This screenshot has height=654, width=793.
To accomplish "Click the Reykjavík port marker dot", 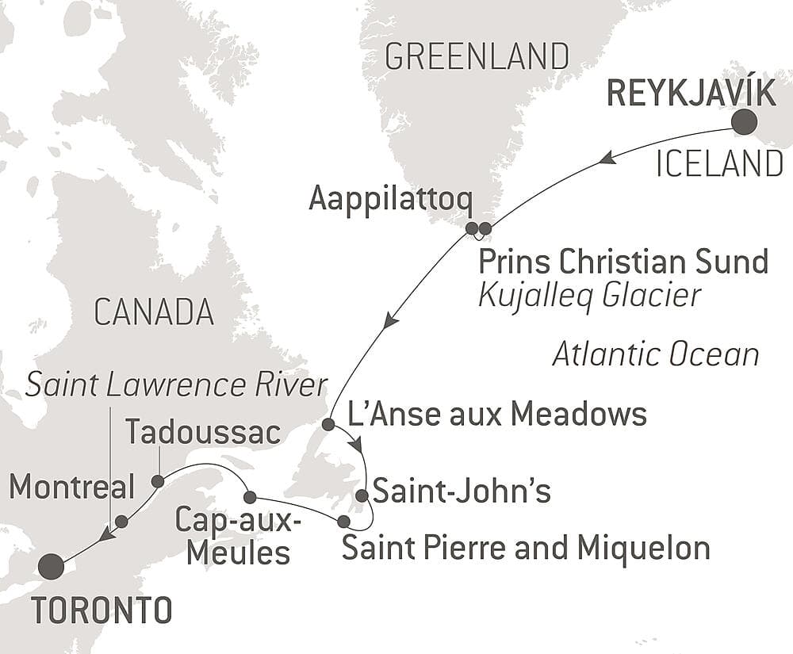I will coord(743,123).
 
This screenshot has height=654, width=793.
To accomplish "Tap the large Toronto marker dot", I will coord(51,566).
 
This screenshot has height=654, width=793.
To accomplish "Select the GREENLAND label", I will coord(477,57).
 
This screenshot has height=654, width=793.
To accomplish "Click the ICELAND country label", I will coord(720,165).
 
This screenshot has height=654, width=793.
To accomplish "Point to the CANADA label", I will coord(154,312).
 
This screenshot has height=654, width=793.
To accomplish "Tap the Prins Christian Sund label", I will coord(623,261).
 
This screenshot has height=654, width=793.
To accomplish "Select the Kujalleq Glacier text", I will coord(591,295).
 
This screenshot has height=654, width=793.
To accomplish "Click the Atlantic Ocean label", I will coord(655,354).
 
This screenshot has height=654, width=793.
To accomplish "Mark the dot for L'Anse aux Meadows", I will coord(328,424).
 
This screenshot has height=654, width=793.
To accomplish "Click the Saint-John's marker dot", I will coord(362,496).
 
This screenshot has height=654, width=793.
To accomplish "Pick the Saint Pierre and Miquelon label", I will coord(526,548).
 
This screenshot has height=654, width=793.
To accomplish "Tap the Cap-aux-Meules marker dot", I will coord(249,497).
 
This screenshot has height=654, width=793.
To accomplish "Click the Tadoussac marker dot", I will coord(158,481).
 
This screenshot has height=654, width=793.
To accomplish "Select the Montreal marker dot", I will coord(121,521).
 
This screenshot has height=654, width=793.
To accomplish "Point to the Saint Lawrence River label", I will coord(176,385).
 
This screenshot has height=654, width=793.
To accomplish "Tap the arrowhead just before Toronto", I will coord(104,536).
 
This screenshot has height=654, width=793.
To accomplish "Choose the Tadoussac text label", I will coord(203,433).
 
